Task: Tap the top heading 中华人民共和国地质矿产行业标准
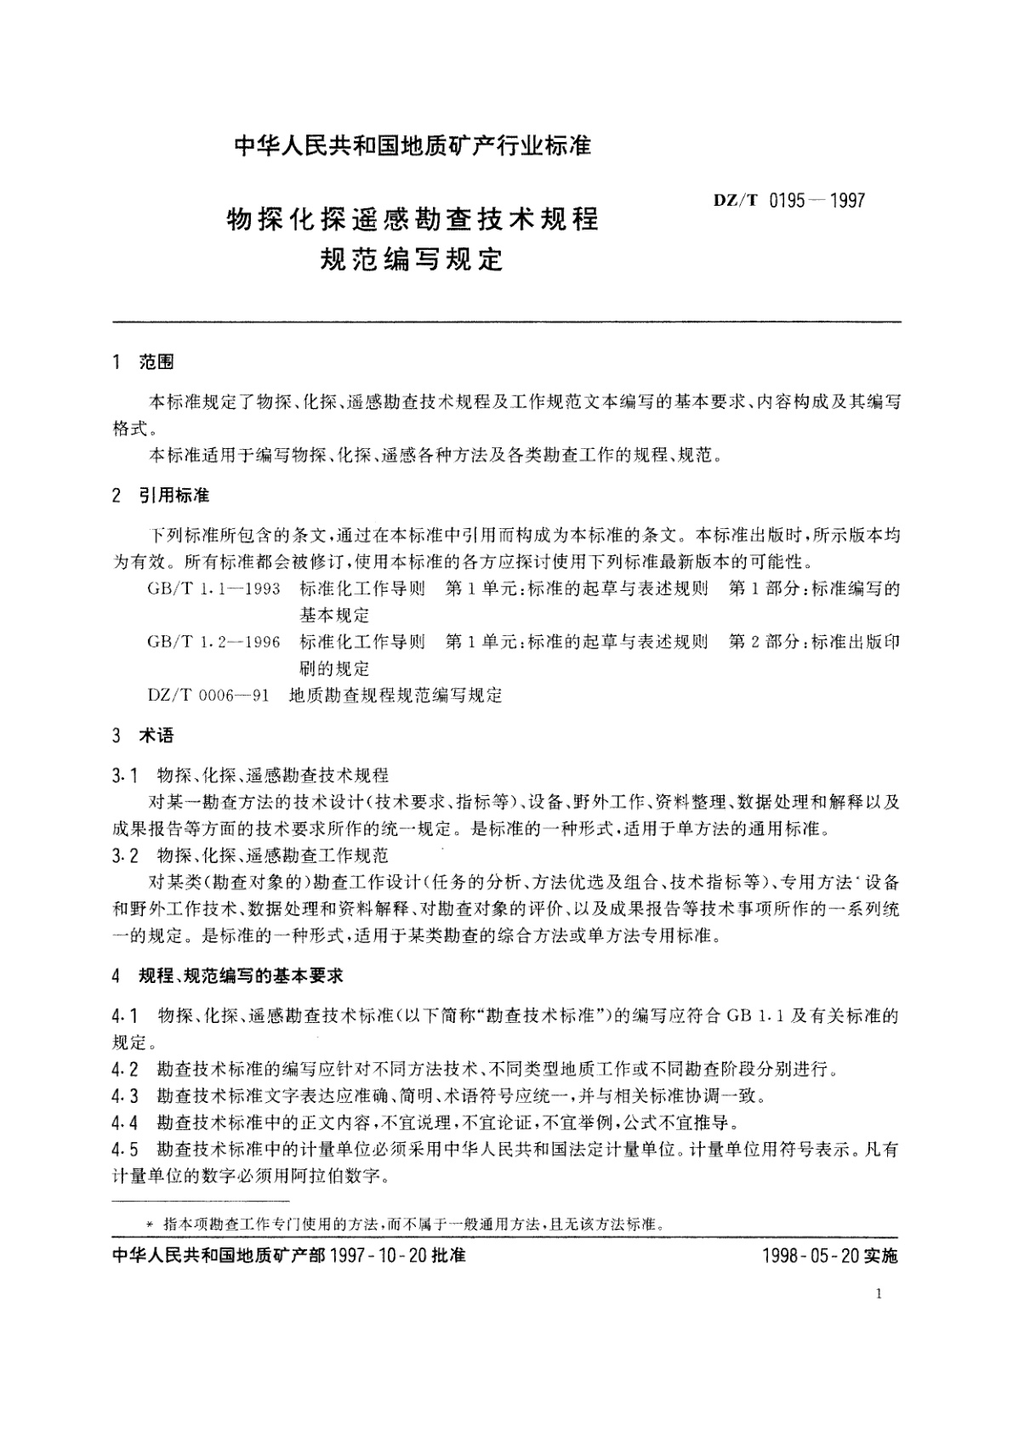413,146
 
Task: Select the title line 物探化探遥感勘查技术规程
413,219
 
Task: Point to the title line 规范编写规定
411,258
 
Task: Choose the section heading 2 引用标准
161,496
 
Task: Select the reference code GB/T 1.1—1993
213,589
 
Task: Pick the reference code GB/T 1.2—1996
213,642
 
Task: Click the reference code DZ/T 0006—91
208,696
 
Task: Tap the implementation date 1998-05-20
812,1256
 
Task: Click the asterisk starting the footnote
151,1225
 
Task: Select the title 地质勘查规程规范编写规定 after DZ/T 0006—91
396,696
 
